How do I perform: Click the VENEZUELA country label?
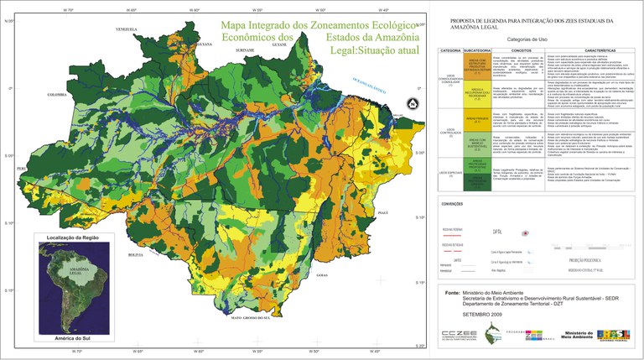click(x=126, y=29)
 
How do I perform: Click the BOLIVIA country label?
click(x=136, y=253)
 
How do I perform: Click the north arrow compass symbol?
click(x=411, y=103)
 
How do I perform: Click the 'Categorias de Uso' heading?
click(x=532, y=39)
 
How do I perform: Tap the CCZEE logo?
click(x=459, y=337)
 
